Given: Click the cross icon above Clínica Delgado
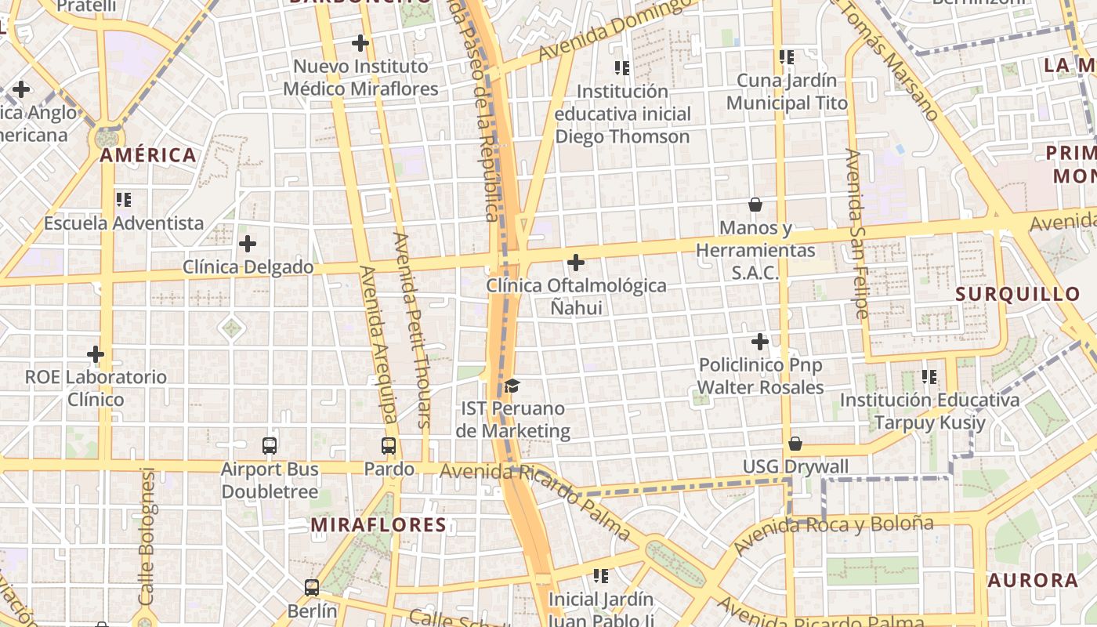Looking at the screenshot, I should [248, 244].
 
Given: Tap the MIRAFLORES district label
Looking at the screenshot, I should [378, 525].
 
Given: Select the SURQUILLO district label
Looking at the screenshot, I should [1018, 295].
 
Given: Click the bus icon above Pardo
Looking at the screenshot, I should [389, 446].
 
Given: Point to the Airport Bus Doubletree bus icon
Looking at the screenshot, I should [270, 446].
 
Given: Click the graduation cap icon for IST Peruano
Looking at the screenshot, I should [512, 386].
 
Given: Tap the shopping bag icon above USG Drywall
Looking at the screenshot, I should [795, 444].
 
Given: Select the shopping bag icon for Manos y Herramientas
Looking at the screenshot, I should [755, 205].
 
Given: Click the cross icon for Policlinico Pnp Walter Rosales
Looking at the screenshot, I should [760, 342].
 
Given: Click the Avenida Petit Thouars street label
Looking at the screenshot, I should [413, 329].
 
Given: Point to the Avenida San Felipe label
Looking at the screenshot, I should [857, 234].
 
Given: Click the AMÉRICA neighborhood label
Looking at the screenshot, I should [148, 155].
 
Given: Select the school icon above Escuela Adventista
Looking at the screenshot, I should [124, 200].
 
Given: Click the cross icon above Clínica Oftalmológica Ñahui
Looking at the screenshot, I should [576, 262].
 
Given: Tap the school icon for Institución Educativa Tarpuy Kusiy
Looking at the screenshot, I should [930, 377].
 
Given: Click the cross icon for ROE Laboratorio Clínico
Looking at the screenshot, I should [96, 354].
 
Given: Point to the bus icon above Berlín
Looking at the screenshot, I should [312, 587].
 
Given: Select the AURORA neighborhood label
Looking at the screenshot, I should [1033, 581].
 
